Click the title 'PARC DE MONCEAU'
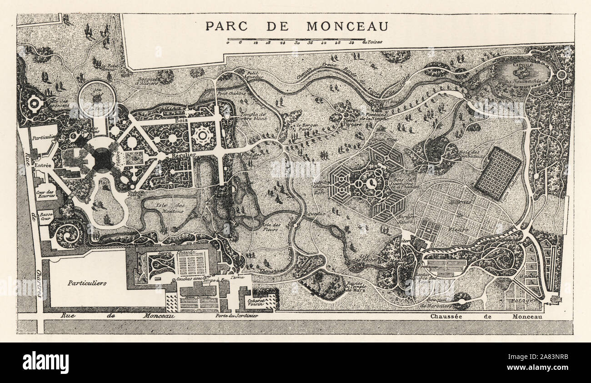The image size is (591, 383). [296, 26]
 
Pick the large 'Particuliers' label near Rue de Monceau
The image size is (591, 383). [87, 282]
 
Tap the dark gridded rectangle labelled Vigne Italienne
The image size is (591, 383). [498, 173]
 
